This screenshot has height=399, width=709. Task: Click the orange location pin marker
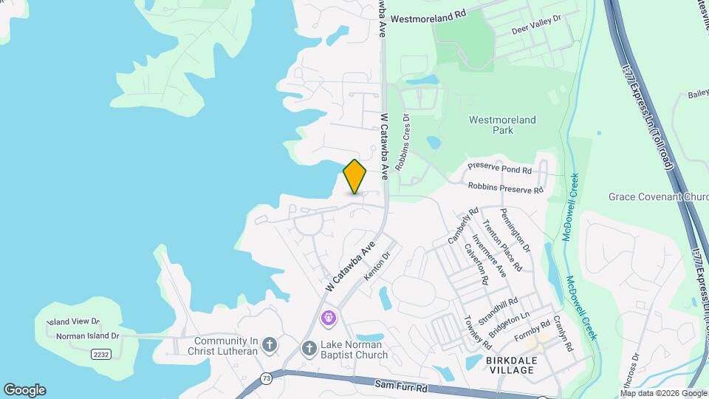click(355, 177)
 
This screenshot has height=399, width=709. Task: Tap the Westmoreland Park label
click(502, 125)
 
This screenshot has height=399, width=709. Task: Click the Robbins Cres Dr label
click(403, 143)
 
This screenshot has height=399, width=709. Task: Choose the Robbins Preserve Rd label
click(505, 189)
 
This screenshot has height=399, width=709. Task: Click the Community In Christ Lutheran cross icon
click(270, 344)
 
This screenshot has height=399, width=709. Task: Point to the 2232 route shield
click(101, 355)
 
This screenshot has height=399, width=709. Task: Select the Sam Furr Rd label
click(402, 385)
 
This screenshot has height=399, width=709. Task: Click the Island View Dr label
click(72, 321)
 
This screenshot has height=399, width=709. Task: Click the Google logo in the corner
click(24, 390)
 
